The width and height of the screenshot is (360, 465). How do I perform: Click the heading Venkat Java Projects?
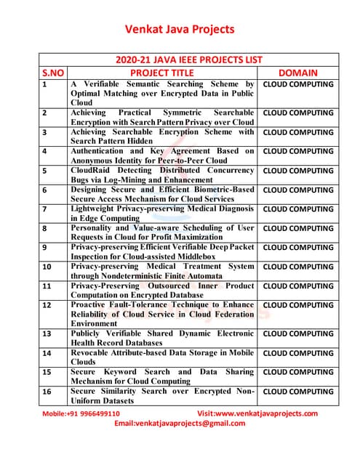coord(180,29)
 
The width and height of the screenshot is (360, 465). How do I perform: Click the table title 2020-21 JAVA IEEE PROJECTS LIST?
coord(189,60)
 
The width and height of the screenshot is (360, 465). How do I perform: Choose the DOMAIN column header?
coord(297,73)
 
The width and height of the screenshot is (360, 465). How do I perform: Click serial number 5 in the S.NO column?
coord(45,171)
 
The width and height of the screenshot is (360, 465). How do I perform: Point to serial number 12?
coord(47,305)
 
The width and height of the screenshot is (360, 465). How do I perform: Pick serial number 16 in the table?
coord(47,392)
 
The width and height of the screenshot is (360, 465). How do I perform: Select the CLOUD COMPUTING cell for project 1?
coord(297,84)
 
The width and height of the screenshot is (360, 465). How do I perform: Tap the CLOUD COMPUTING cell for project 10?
coord(297,267)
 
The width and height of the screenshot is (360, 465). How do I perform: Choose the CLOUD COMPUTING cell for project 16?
coord(297,392)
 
